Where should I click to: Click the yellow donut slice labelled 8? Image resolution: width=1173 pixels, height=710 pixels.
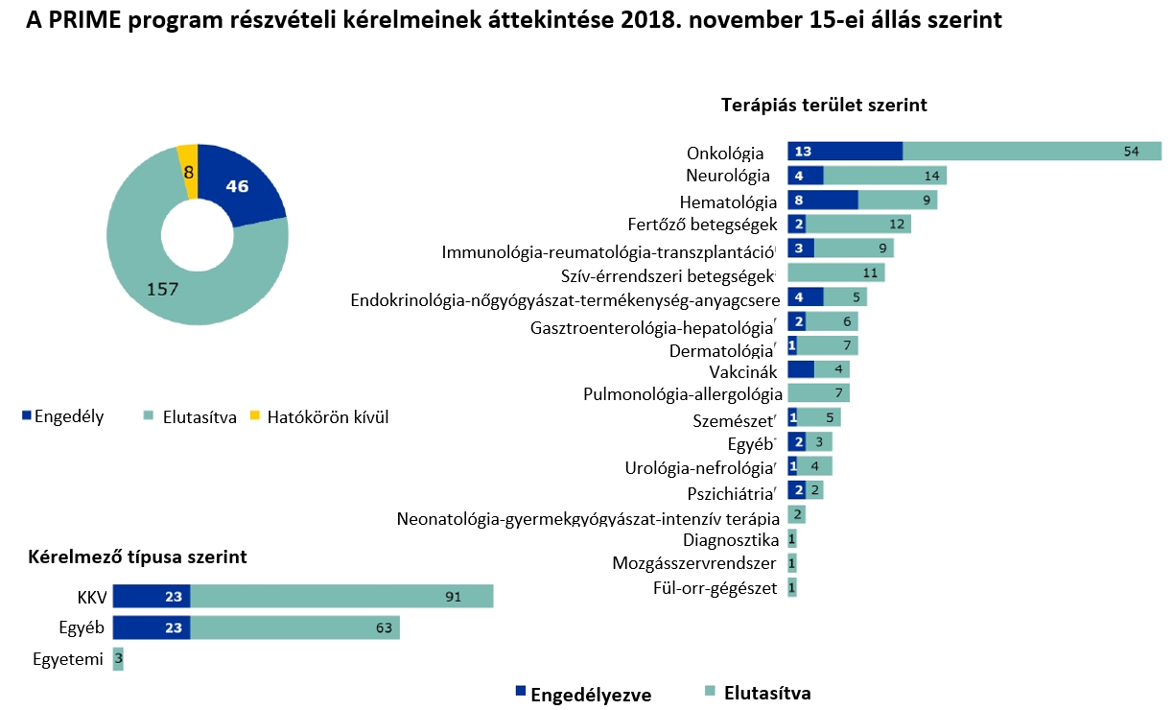click(x=188, y=172)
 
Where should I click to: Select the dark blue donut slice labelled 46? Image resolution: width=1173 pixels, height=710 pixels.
click(x=238, y=184)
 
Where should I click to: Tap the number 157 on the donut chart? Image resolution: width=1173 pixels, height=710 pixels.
click(x=162, y=289)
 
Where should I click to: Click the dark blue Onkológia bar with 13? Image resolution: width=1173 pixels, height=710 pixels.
click(x=845, y=151)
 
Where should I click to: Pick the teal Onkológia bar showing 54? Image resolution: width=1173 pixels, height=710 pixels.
click(x=1032, y=151)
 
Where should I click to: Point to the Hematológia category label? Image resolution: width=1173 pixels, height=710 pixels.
click(x=728, y=201)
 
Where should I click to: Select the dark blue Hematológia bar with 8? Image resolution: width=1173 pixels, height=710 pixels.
click(x=823, y=201)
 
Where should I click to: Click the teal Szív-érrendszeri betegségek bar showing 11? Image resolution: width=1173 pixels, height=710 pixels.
click(x=835, y=273)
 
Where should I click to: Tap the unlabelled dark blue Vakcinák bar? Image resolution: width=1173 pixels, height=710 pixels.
click(x=801, y=369)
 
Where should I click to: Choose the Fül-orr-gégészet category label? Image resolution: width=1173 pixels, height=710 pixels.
click(x=715, y=588)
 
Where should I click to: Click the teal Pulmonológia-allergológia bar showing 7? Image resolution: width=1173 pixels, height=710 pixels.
click(x=818, y=393)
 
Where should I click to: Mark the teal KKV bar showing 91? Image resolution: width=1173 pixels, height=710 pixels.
click(x=341, y=596)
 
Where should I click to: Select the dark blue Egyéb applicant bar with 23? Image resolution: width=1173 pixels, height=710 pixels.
click(x=152, y=627)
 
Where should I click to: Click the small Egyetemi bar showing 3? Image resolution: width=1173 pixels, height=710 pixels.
click(x=118, y=658)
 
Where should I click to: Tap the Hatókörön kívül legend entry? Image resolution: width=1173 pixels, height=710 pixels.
click(x=319, y=417)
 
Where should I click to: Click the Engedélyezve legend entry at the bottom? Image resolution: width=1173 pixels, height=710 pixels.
click(x=583, y=695)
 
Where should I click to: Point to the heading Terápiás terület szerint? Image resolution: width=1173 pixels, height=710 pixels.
click(x=824, y=105)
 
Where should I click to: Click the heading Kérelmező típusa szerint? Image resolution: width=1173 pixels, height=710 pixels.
click(x=137, y=557)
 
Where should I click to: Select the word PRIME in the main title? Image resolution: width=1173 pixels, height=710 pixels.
click(x=84, y=20)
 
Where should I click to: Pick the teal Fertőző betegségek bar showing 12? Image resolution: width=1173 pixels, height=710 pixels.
click(x=858, y=225)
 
